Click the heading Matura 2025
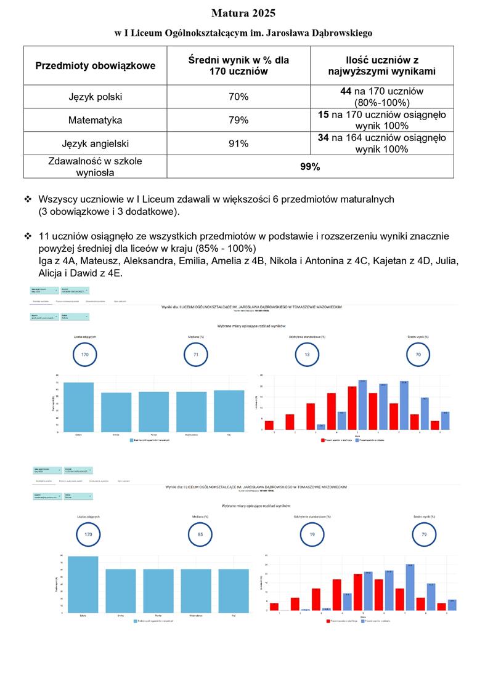243,13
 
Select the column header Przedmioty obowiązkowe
96,66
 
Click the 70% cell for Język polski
238,97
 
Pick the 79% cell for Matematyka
238,120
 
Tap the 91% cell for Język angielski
238,143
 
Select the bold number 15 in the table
324,115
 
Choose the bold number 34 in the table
324,138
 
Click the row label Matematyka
96,120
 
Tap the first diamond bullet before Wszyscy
28,199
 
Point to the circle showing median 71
196,355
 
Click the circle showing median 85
200,534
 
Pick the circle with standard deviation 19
312,534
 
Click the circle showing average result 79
424,534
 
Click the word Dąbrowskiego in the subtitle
338,33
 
